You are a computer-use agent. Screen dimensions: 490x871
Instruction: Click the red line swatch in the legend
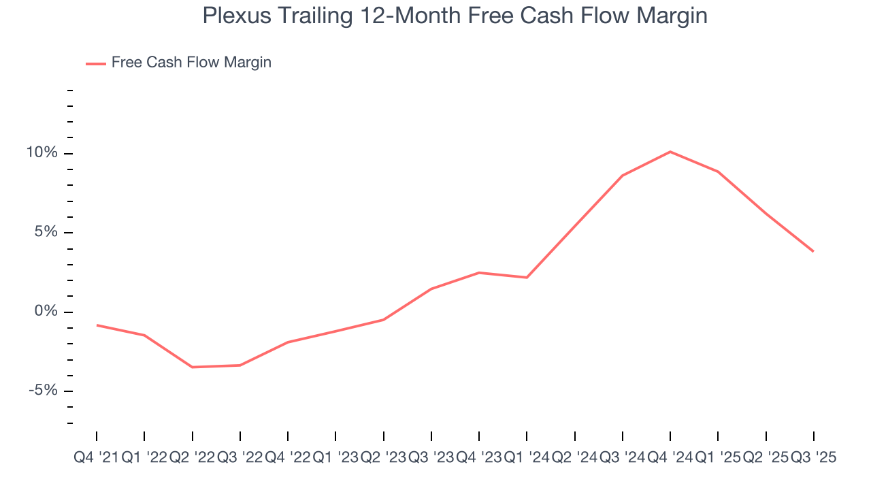[95, 63]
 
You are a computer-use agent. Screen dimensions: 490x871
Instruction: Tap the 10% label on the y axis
[42, 153]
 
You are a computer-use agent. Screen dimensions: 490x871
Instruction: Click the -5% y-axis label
[43, 391]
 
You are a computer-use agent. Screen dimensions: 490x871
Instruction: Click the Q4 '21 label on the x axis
[96, 458]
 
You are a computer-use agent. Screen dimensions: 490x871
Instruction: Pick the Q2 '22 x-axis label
[192, 458]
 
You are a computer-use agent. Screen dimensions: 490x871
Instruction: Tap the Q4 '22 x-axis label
[288, 458]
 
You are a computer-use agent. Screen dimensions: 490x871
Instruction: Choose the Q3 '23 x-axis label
[431, 458]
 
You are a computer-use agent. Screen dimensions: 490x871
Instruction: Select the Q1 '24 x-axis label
[527, 458]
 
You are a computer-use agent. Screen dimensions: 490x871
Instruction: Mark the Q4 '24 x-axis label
[670, 458]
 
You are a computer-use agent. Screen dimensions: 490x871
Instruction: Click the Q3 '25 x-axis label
[814, 458]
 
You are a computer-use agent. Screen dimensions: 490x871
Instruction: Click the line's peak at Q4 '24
[670, 152]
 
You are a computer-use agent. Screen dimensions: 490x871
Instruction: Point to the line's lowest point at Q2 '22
[192, 367]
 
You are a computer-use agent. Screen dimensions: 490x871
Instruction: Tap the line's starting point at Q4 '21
[97, 325]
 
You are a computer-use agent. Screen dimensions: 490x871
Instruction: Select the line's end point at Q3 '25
[814, 252]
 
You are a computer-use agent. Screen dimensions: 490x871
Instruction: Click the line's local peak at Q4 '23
[479, 273]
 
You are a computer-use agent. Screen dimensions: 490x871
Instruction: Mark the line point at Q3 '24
[623, 176]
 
